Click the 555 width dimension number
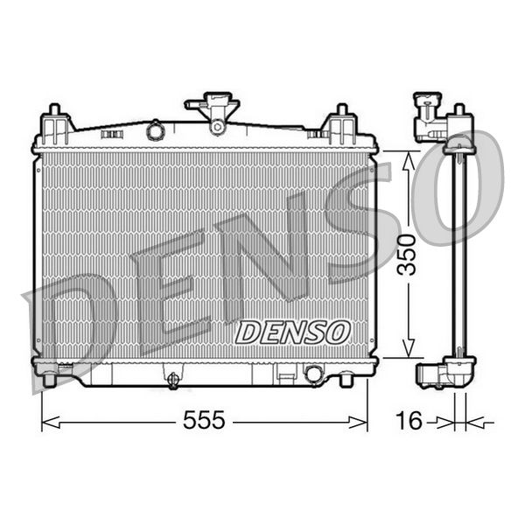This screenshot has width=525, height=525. (x=204, y=421)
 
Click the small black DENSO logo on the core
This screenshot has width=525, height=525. (x=294, y=332)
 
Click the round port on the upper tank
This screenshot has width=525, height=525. (x=155, y=130)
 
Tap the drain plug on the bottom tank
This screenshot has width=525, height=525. (x=173, y=380)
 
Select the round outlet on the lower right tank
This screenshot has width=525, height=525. (x=312, y=374)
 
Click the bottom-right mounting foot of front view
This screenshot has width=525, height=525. (x=346, y=378)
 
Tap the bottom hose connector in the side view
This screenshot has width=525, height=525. (x=430, y=374)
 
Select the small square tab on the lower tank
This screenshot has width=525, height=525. (x=283, y=375)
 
